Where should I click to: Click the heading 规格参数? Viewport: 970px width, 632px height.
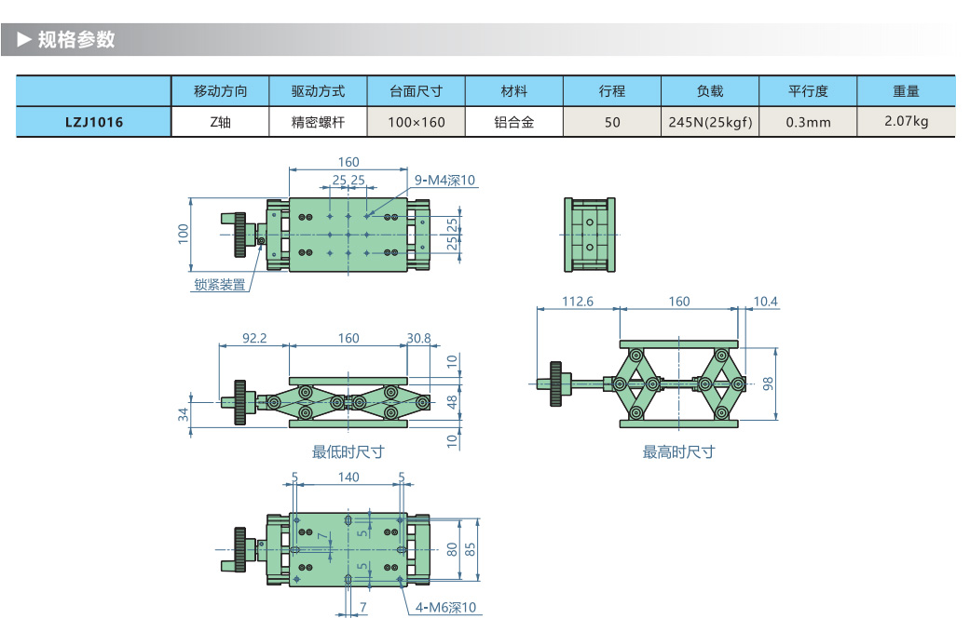point(75,39)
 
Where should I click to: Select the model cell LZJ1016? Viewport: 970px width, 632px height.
point(93,122)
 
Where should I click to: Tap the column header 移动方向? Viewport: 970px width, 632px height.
point(221,91)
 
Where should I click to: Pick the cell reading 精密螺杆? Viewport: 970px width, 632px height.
point(318,122)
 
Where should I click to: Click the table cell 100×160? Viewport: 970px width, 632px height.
point(417,122)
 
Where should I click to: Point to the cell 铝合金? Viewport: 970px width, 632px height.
point(513,122)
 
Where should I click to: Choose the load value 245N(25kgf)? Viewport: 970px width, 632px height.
point(710,122)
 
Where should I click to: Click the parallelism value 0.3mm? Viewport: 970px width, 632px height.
point(808,122)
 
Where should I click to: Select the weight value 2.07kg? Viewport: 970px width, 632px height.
point(906,121)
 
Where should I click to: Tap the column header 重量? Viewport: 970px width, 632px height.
point(906,91)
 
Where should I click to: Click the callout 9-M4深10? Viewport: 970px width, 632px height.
point(445,180)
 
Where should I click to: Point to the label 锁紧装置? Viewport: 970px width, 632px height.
point(220,286)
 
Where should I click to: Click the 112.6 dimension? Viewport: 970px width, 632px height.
point(578,302)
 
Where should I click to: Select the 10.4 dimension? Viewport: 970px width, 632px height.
point(765,302)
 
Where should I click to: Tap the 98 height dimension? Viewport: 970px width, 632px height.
point(769,383)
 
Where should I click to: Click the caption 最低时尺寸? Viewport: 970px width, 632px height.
point(348,452)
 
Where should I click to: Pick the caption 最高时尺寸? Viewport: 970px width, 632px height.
point(678,452)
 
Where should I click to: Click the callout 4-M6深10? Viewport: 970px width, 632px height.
point(445,608)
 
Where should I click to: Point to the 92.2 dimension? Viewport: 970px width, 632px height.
point(254,338)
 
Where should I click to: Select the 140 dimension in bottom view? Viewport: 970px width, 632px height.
point(348,477)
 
